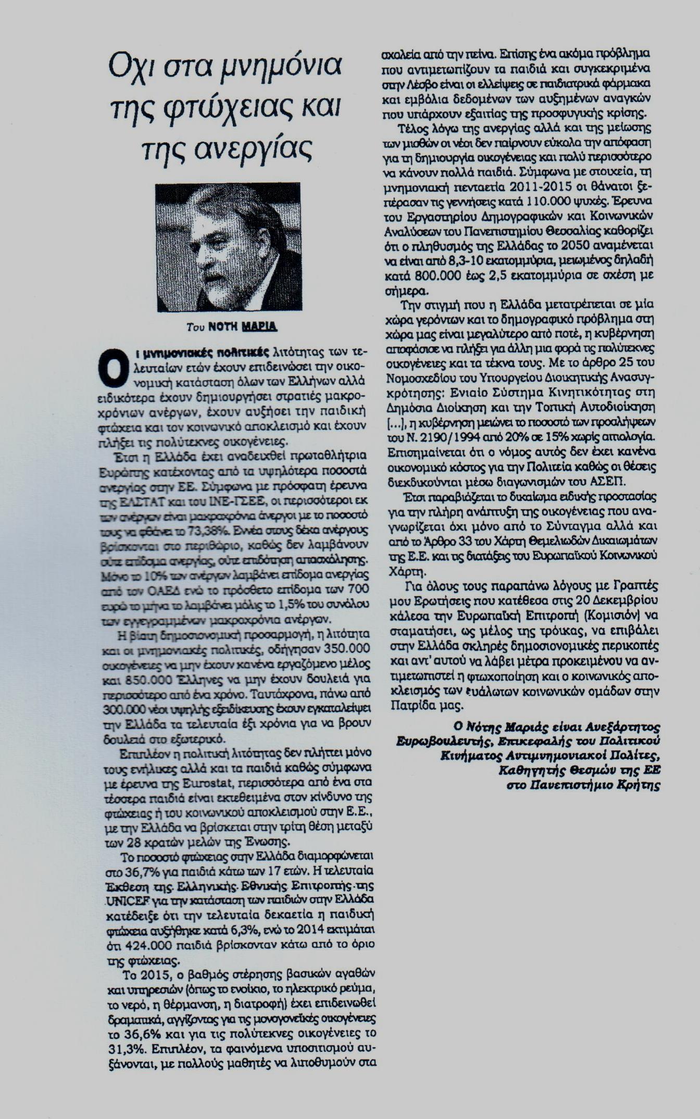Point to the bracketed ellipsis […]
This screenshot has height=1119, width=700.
click(394, 421)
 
